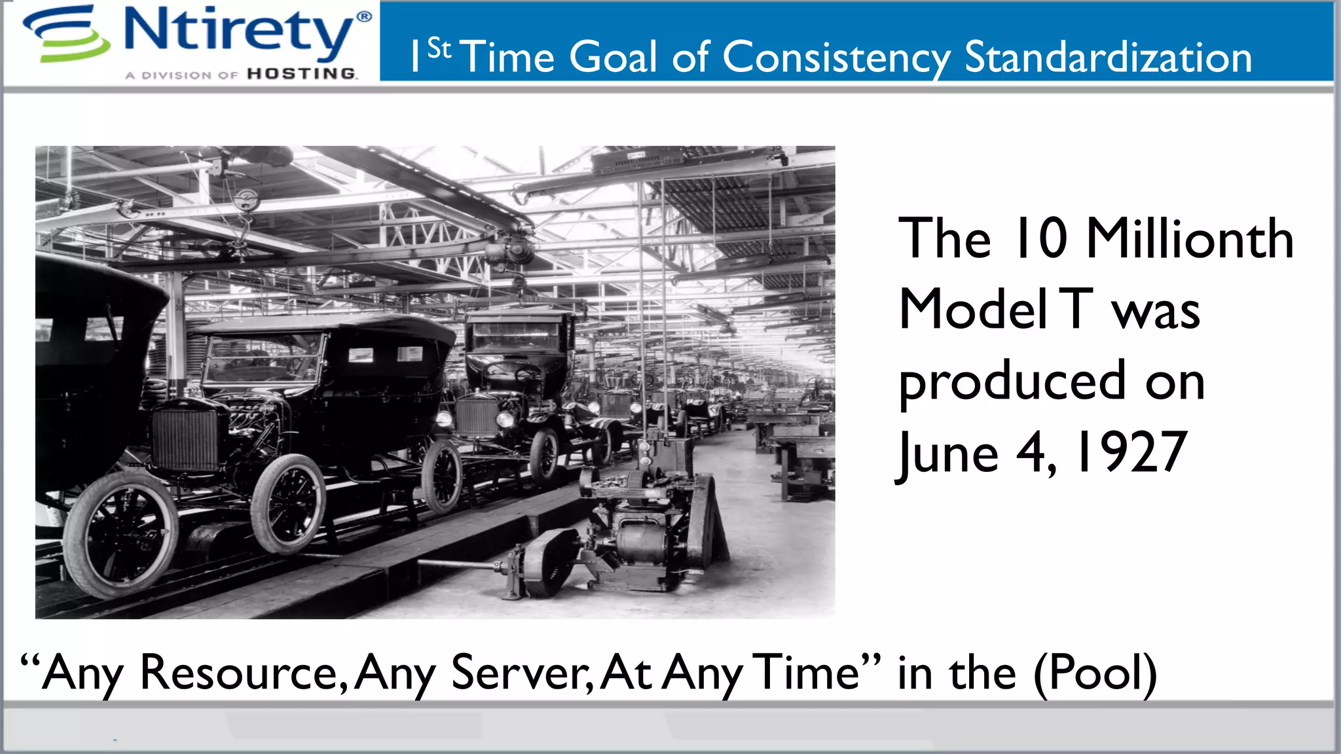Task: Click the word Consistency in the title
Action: point(836,58)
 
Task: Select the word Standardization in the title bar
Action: point(1108,58)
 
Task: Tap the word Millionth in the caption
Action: point(1189,240)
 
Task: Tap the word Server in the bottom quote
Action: point(520,673)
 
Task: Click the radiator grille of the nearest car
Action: point(184,438)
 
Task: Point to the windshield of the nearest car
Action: point(262,359)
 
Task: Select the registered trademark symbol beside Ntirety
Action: point(364,16)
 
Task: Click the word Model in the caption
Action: point(974,311)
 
